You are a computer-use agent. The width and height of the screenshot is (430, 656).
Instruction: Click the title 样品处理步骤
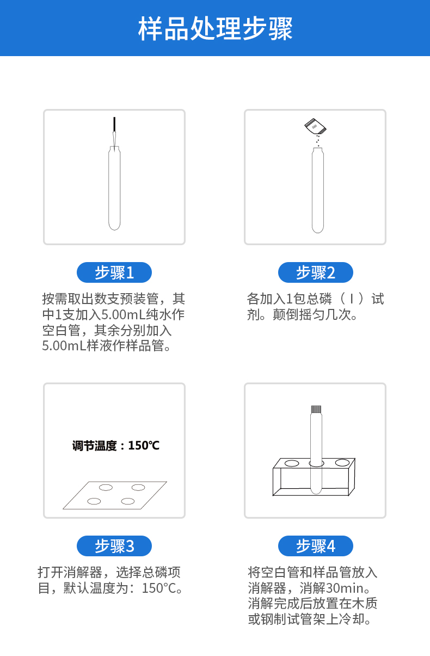215,28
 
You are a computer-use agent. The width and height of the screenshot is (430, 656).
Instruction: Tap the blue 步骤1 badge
114,272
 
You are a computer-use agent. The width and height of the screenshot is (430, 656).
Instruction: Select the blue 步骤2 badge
315,272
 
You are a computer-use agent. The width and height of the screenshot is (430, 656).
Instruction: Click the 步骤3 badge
114,546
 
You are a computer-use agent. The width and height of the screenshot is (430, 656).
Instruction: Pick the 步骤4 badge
315,546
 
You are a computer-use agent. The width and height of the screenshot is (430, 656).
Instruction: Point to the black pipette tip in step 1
114,125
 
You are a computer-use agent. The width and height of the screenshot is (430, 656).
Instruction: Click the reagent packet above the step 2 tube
315,126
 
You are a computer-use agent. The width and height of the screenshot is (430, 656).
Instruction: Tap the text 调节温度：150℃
116,446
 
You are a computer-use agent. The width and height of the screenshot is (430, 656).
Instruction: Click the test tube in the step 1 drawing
114,188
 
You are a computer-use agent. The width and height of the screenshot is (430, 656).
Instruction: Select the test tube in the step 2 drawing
317,191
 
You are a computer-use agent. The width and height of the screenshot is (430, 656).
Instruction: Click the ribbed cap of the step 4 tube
316,409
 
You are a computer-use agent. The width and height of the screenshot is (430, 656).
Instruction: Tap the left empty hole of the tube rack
292,463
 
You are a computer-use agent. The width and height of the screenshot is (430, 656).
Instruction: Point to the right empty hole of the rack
342,463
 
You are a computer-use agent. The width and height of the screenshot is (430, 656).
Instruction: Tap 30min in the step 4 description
343,588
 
